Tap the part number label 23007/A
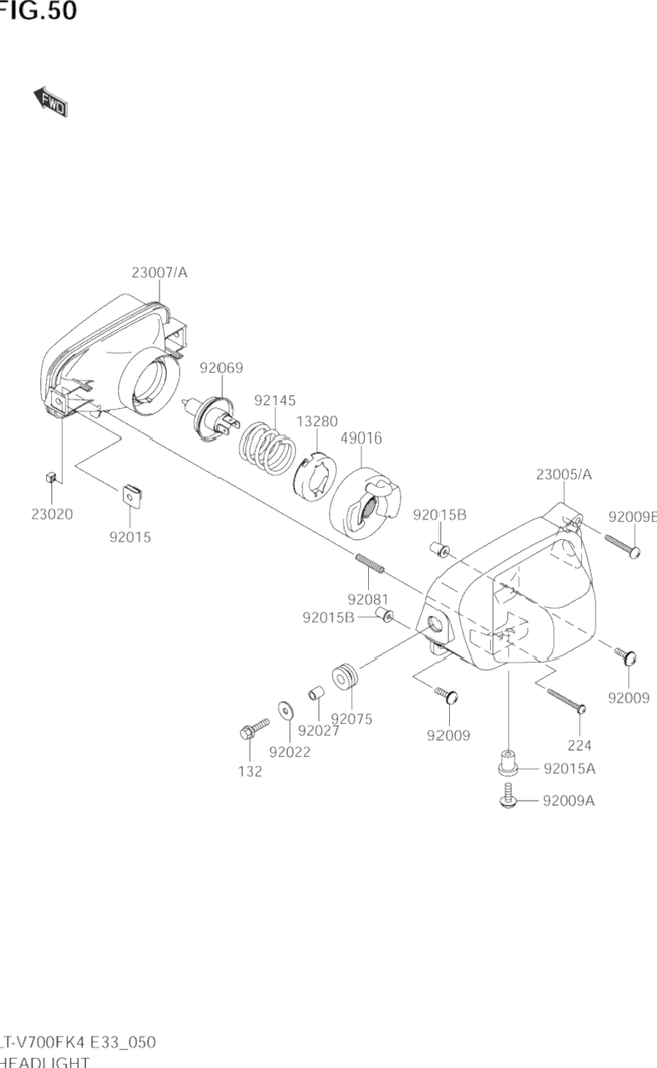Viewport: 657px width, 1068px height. point(159,273)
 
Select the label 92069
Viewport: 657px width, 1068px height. point(222,368)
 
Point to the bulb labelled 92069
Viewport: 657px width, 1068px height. point(214,419)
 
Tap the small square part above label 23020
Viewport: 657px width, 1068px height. point(50,478)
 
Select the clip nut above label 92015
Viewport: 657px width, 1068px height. point(130,494)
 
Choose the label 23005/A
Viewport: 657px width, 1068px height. point(564,474)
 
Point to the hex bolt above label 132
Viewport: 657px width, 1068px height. point(254,729)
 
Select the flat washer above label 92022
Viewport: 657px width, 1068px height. point(284,709)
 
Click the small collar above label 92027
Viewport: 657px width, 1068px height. point(317,692)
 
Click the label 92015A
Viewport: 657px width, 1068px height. point(569,769)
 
